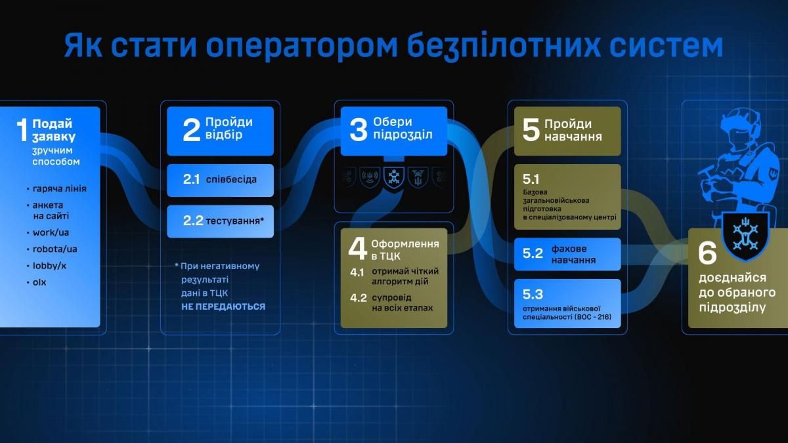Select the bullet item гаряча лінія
60,189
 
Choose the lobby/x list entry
51,266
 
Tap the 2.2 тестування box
220,221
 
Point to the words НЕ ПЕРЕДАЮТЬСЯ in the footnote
224,306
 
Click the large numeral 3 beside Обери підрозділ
358,130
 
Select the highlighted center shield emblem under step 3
393,178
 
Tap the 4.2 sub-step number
359,297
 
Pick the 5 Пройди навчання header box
567,131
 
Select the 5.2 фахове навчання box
567,254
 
